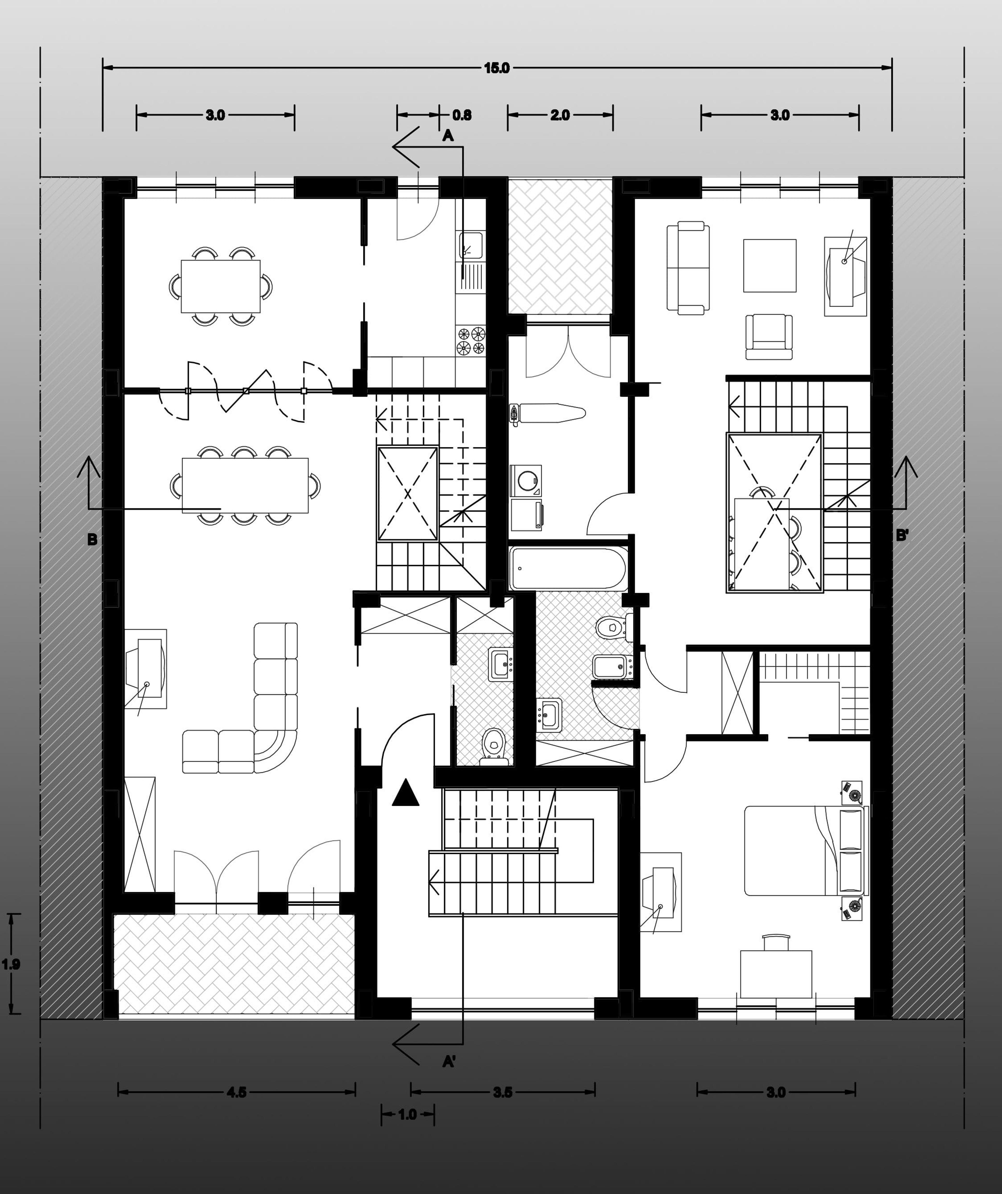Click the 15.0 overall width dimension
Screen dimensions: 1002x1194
tap(497, 68)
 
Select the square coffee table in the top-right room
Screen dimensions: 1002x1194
tap(770, 265)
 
